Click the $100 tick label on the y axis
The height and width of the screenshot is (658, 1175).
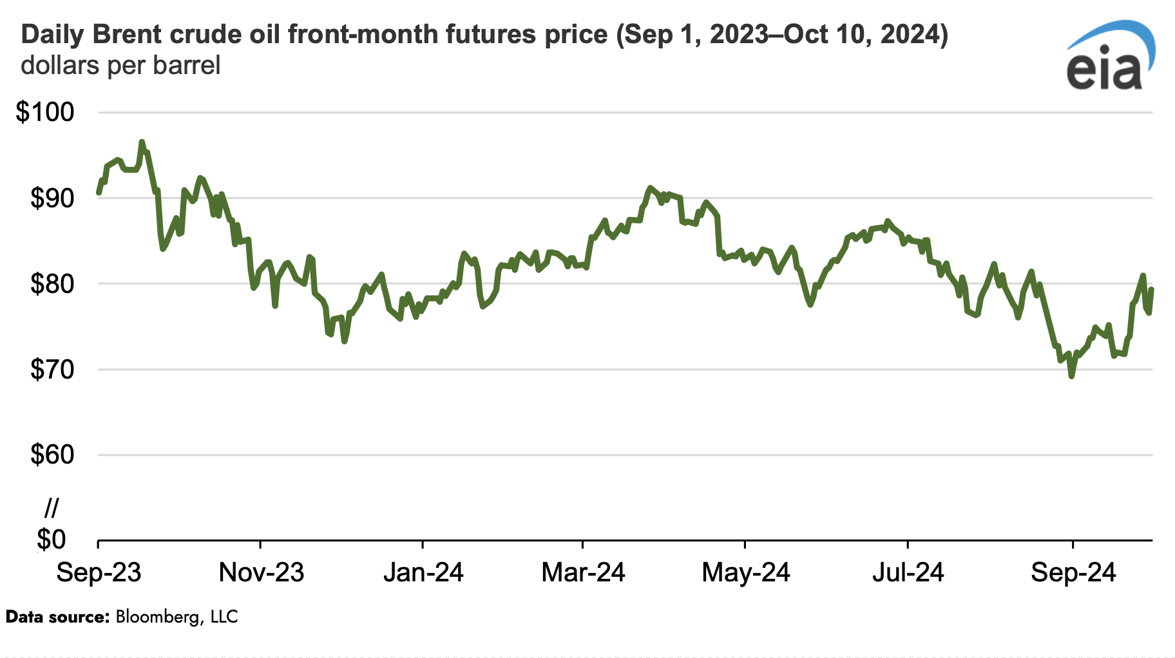point(45,113)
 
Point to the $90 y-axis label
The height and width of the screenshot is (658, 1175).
point(52,198)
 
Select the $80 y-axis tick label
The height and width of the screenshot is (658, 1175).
point(52,284)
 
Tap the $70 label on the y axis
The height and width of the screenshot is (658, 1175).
point(52,370)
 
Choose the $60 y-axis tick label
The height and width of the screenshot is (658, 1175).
point(52,455)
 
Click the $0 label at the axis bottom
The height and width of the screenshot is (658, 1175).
point(52,540)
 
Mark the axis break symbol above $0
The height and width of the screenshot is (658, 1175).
point(52,509)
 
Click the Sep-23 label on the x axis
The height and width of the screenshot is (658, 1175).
point(99,572)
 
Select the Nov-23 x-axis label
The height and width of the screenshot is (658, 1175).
point(261,572)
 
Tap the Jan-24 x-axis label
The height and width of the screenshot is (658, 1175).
point(423,572)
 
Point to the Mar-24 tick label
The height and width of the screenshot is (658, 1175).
point(583,572)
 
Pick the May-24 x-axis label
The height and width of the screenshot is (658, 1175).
point(745,572)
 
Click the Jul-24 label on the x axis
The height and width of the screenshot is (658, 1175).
point(908,572)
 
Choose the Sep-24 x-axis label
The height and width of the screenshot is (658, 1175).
point(1073,572)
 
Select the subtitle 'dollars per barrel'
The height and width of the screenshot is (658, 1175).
point(120,66)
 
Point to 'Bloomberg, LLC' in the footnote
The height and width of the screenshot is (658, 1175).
point(177,617)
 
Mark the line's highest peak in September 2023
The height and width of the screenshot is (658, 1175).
point(142,142)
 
